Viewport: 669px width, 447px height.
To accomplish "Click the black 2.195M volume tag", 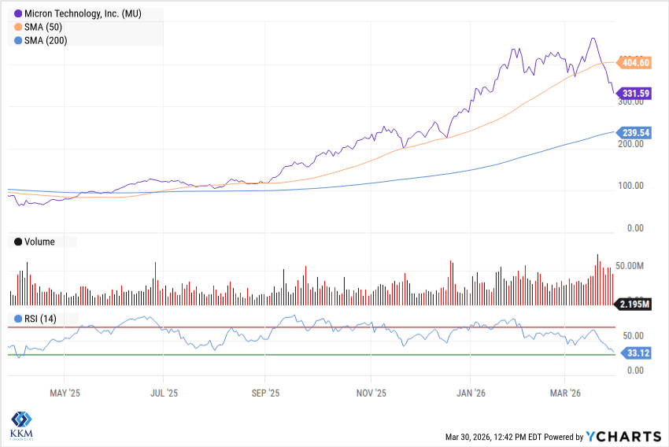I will click(x=634, y=303).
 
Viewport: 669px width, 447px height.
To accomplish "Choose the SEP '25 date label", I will click(x=264, y=392).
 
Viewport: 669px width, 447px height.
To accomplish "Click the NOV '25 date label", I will click(x=368, y=392).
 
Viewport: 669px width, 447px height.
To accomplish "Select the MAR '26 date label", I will click(x=564, y=392).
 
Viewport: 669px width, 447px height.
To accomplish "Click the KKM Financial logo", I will click(x=23, y=425).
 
